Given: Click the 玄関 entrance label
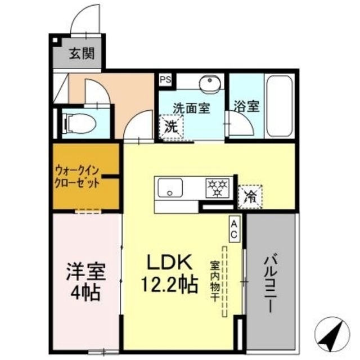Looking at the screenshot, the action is point(82,54).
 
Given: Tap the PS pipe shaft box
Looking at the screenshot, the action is point(165,79).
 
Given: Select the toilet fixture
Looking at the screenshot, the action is point(80,124).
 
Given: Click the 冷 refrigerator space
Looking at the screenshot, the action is point(250,196).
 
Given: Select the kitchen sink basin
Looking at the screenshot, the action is point(170,187).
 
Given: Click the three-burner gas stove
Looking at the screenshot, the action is point(217,188).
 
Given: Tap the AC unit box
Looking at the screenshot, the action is point(234,229).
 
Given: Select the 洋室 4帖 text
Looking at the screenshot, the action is point(85,281).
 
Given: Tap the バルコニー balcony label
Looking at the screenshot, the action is point(271,285).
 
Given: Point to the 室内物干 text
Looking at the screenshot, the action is point(215,281).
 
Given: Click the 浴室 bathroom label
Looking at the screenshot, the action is point(246,106).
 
